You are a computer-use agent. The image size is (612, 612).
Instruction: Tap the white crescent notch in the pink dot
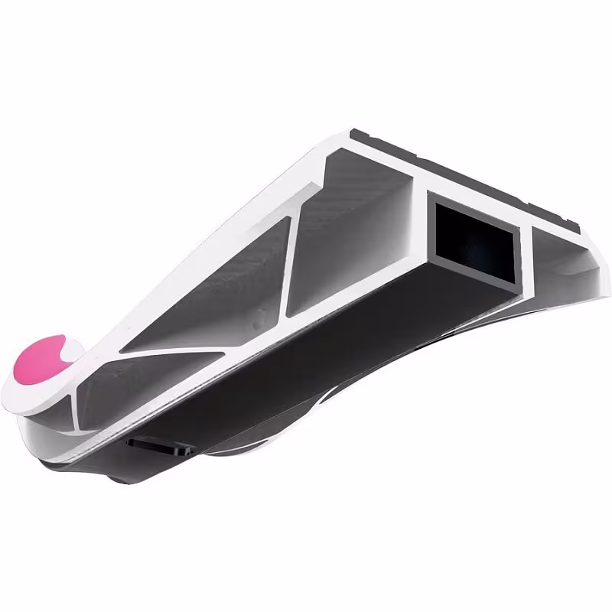coord(63,353)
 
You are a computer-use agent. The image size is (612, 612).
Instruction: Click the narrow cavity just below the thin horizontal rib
coord(153,382)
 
